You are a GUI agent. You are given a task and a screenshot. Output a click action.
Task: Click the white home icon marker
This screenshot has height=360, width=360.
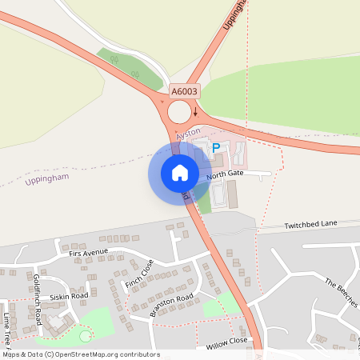(x=180, y=172)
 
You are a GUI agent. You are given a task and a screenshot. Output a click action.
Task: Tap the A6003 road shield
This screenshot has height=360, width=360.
(x=183, y=93)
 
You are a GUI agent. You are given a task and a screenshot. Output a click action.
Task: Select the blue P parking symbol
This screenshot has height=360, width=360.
(x=215, y=148)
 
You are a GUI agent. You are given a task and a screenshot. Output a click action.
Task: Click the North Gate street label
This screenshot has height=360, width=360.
(x=223, y=174)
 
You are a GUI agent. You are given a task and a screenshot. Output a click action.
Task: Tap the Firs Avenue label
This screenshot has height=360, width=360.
(x=88, y=253)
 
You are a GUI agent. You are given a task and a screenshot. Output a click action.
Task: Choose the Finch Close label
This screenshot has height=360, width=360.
(x=138, y=278)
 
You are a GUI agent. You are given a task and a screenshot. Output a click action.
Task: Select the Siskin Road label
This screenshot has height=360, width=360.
(x=69, y=296)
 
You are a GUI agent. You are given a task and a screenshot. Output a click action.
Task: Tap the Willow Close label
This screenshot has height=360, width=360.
(x=228, y=345)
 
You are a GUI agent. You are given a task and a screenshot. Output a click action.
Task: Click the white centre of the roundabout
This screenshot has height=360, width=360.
(x=179, y=112)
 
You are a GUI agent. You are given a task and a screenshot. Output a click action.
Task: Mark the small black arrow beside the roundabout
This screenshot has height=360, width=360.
(x=195, y=112)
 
